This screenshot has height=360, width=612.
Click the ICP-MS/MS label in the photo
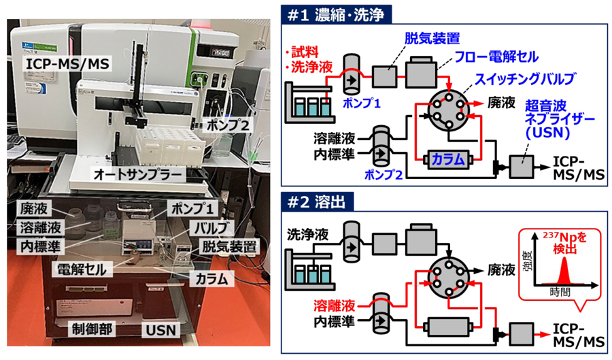[62, 65]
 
